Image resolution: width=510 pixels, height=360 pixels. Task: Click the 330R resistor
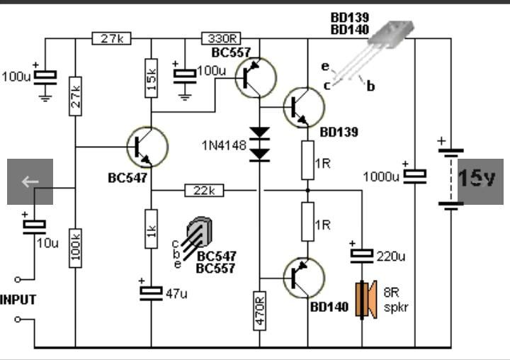pyautogui.click(x=221, y=38)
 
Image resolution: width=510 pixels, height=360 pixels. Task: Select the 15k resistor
pyautogui.click(x=152, y=78)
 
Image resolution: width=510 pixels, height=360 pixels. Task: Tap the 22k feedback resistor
pyautogui.click(x=204, y=191)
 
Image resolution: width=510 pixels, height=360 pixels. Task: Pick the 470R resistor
pyautogui.click(x=259, y=311)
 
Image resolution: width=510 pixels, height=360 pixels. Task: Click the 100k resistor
pyautogui.click(x=76, y=248)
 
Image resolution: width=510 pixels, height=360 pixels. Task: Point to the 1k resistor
pyautogui.click(x=152, y=229)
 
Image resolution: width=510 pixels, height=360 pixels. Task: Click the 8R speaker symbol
pyautogui.click(x=366, y=300)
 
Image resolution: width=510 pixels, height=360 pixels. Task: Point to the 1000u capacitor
pyautogui.click(x=415, y=176)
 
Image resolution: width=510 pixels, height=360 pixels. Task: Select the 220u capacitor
pyautogui.click(x=362, y=256)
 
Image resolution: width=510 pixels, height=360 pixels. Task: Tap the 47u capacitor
pyautogui.click(x=152, y=293)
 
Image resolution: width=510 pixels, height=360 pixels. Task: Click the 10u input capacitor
pyautogui.click(x=34, y=227)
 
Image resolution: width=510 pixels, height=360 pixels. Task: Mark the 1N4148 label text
pyautogui.click(x=224, y=145)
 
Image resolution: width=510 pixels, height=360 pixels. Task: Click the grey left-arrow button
pyautogui.click(x=30, y=181)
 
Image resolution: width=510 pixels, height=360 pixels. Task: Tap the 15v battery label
pyautogui.click(x=477, y=179)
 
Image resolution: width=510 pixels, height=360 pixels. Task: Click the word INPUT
pyautogui.click(x=18, y=300)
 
